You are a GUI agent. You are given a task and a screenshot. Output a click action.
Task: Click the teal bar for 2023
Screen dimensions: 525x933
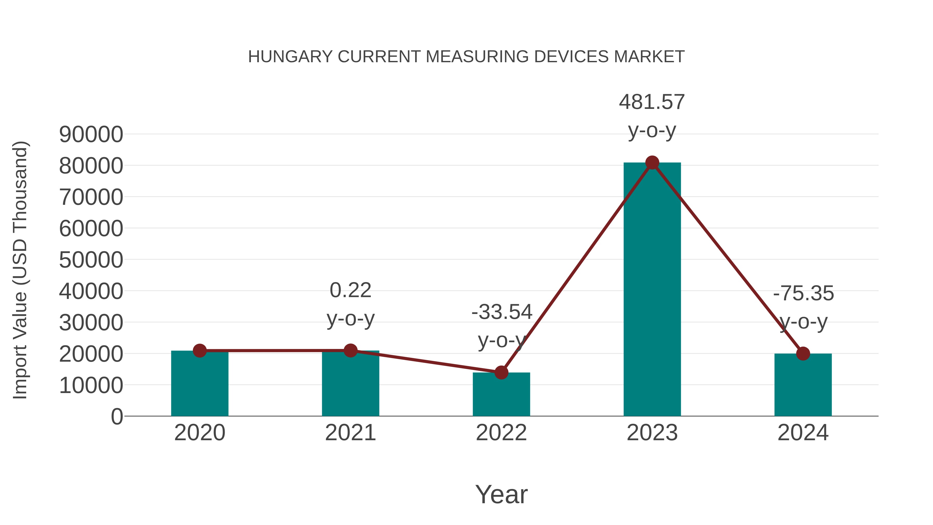click(x=652, y=290)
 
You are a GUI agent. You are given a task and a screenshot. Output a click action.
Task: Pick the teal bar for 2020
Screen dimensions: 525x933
click(x=200, y=384)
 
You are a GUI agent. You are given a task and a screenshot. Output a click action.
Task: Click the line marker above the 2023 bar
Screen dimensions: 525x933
click(x=652, y=163)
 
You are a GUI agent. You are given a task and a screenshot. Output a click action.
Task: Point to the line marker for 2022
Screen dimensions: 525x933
click(x=501, y=373)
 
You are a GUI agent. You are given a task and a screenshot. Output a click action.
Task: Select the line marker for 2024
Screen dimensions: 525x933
click(x=803, y=353)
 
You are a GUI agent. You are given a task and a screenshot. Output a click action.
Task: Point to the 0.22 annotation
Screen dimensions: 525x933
click(x=350, y=291)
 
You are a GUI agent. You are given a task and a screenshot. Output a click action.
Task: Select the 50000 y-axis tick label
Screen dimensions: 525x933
click(x=91, y=260)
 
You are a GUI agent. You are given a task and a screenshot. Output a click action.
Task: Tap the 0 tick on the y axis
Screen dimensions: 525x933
click(x=117, y=416)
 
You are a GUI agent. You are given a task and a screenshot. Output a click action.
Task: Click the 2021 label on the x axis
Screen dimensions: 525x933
click(x=350, y=433)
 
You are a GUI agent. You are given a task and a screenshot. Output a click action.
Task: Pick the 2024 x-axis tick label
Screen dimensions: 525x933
click(x=803, y=433)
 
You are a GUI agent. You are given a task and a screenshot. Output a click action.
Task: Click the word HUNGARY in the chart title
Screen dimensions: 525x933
click(x=290, y=57)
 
